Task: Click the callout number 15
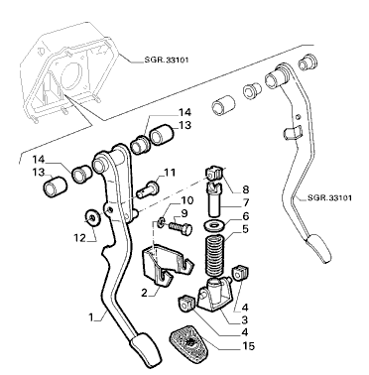(x=248, y=346)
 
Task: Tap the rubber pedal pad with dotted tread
(x=187, y=341)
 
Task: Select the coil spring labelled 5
(x=215, y=255)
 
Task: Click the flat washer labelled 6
(x=213, y=226)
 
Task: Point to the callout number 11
(x=170, y=173)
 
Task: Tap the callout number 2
(x=144, y=293)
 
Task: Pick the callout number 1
(x=91, y=317)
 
